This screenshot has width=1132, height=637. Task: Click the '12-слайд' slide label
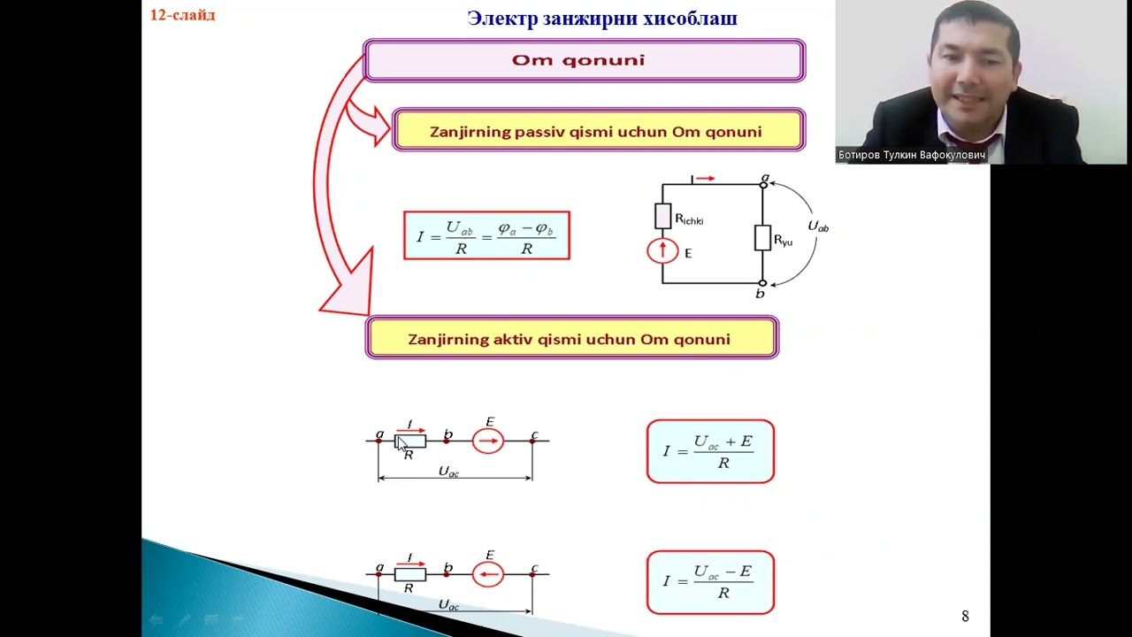182,15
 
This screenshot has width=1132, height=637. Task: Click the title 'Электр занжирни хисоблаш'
602,19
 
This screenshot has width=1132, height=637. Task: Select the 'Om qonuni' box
585,61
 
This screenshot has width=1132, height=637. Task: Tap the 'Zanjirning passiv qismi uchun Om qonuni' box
599,130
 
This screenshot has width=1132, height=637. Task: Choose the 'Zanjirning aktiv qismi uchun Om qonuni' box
572,338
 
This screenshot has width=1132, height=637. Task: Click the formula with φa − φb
486,235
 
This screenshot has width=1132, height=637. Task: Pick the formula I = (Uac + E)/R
710,451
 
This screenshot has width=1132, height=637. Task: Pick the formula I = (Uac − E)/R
710,582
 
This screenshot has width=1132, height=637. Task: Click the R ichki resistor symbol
663,216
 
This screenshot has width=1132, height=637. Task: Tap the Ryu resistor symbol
762,238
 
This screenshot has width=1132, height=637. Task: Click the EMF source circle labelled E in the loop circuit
662,250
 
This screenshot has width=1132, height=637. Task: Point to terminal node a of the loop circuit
763,185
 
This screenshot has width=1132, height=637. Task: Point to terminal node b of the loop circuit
762,284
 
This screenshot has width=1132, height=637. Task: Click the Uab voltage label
818,226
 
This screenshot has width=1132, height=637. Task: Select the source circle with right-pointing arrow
488,441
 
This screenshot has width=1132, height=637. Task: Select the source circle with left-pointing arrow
488,574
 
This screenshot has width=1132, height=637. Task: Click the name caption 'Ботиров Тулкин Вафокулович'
912,155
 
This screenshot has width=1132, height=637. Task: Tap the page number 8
965,616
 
